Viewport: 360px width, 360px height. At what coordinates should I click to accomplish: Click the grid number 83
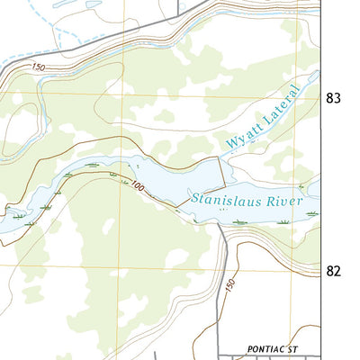pyautogui.click(x=334, y=99)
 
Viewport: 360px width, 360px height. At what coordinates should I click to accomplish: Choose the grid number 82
pyautogui.click(x=334, y=270)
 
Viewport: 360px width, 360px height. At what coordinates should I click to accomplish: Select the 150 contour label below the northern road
pyautogui.click(x=37, y=67)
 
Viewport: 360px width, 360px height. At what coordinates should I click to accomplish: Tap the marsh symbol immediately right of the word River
pyautogui.click(x=312, y=212)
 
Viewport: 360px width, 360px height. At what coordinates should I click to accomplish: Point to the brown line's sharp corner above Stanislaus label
pyautogui.click(x=220, y=157)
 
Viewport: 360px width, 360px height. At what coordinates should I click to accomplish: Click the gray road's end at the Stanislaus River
pyautogui.click(x=220, y=224)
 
